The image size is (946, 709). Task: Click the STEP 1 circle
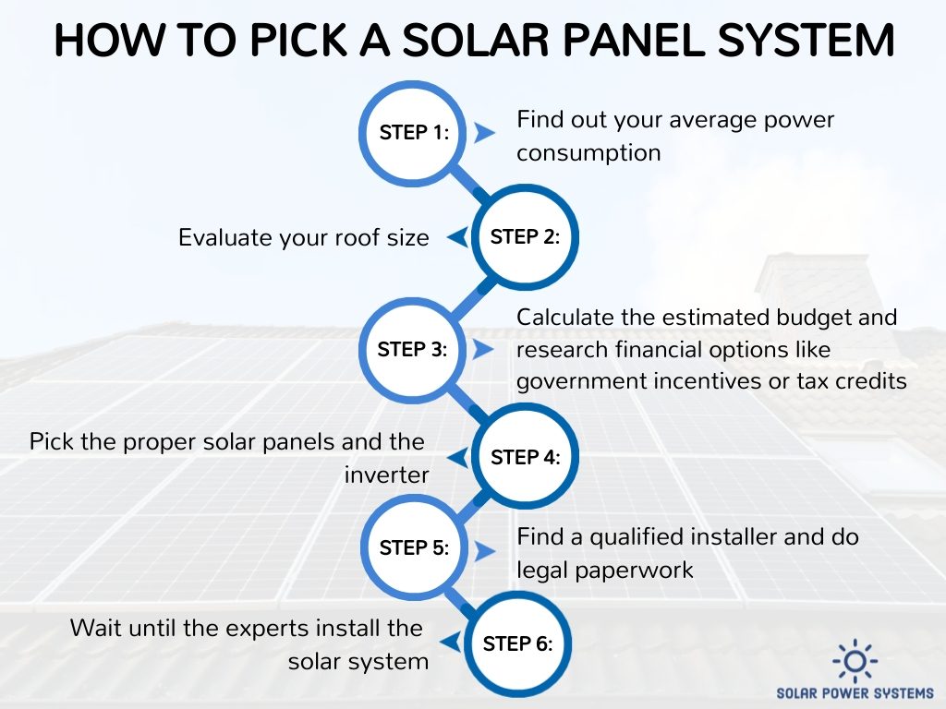413,133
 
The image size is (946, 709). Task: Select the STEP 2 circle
525,237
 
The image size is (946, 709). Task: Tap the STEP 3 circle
413,350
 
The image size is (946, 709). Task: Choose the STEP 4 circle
525,457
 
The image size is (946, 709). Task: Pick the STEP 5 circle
413,547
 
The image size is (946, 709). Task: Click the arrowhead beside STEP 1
484,133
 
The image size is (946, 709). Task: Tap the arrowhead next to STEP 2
456,237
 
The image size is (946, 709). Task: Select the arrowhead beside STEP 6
451,643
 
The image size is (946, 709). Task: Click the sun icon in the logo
855,661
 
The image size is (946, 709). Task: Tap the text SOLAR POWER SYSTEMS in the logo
855,693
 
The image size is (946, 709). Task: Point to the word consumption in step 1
588,153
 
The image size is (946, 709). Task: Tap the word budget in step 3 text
820,318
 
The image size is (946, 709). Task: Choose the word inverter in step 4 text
387,475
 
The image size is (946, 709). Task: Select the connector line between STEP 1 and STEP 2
469,185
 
